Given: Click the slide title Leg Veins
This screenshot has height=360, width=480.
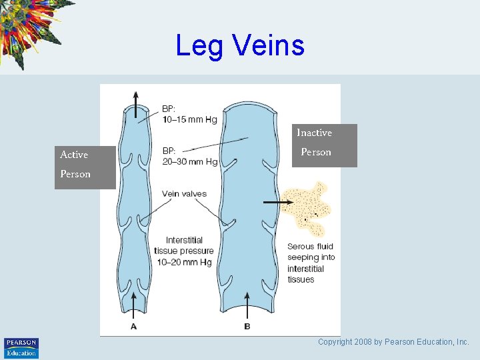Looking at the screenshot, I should [x=240, y=45].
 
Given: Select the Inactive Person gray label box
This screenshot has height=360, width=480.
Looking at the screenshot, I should [x=327, y=145].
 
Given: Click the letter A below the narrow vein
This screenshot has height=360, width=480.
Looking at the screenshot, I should [x=134, y=326].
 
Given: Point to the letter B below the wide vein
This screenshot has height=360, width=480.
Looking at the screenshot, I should [x=247, y=326].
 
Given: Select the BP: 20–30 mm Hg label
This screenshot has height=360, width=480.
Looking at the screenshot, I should [x=189, y=156].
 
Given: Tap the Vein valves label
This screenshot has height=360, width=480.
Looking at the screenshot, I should [x=184, y=194].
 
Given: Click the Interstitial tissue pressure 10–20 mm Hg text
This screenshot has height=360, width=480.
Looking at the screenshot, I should [x=184, y=251].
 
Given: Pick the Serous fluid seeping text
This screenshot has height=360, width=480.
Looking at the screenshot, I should [x=311, y=263].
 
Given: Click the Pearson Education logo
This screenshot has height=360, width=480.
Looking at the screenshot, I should [x=21, y=347].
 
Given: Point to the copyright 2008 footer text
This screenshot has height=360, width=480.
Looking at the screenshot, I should [x=393, y=342].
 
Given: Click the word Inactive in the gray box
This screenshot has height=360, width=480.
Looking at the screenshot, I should [x=314, y=133].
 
